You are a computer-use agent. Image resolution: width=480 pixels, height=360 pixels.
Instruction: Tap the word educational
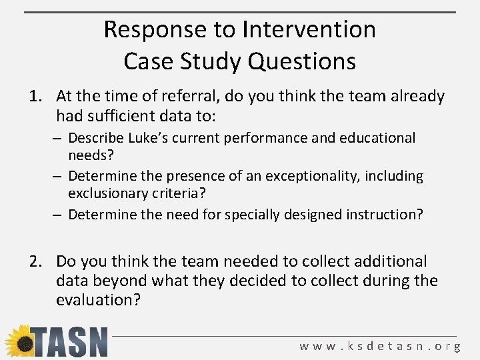pos(378,138)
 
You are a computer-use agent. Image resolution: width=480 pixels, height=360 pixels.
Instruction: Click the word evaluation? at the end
pos(98,300)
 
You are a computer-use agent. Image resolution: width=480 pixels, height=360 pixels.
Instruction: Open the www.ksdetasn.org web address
pos(380,346)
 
